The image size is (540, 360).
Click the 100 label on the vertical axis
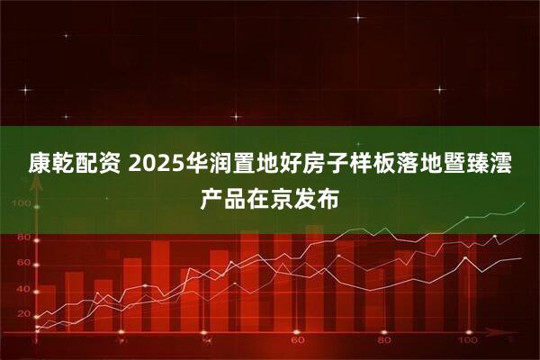click(22, 203)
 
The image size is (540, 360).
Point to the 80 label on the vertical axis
click(23, 237)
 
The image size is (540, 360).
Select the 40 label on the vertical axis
click(23, 289)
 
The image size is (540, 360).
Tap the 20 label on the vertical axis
click(23, 314)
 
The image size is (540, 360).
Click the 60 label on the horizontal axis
click(298, 340)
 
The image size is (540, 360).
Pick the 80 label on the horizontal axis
click(384, 340)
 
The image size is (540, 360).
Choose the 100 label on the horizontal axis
click(468, 340)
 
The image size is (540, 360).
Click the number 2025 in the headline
click(156, 163)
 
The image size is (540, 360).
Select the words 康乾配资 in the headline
click(75, 163)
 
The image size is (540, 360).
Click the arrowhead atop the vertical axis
click(37, 185)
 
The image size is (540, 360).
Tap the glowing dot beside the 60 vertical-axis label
click(37, 265)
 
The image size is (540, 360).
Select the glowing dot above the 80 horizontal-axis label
click(384, 332)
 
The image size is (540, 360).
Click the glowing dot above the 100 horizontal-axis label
click(469, 332)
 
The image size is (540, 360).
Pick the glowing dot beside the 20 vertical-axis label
click(37, 317)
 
